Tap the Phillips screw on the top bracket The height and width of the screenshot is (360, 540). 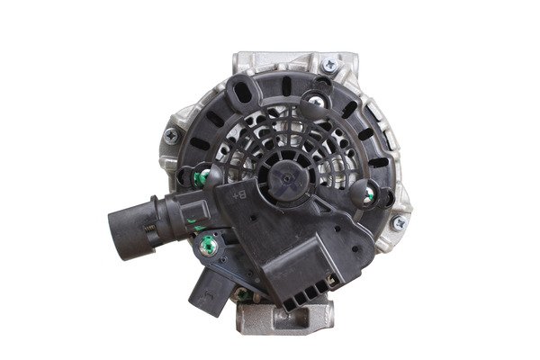(329, 64)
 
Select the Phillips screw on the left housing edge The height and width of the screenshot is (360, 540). (171, 135)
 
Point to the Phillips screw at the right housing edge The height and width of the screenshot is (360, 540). (400, 223)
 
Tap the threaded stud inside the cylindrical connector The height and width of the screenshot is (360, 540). (150, 229)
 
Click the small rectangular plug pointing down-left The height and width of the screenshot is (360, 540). (209, 291)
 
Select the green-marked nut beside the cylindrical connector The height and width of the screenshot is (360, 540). (209, 245)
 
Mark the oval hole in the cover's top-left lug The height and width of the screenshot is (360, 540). (242, 90)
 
